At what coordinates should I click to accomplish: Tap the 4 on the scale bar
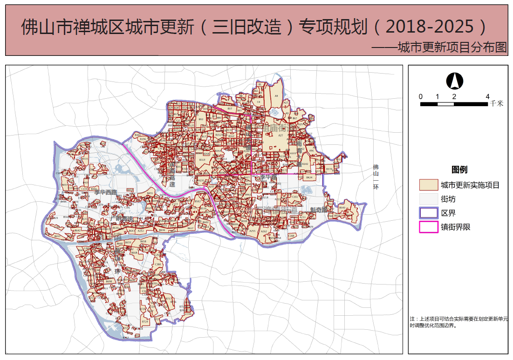click(487, 96)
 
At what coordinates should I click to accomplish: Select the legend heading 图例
click(459, 170)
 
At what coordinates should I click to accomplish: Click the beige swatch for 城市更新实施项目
click(429, 185)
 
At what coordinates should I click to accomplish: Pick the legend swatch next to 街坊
click(429, 199)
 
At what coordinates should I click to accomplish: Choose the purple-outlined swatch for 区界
click(429, 213)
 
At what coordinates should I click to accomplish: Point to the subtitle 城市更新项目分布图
click(452, 48)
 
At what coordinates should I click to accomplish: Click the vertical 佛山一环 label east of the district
click(376, 177)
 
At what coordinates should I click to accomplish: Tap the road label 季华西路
click(105, 192)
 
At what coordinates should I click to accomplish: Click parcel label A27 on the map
click(280, 135)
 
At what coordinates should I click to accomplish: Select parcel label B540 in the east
click(342, 208)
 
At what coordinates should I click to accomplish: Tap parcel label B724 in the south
click(145, 322)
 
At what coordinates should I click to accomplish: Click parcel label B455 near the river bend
click(150, 193)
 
